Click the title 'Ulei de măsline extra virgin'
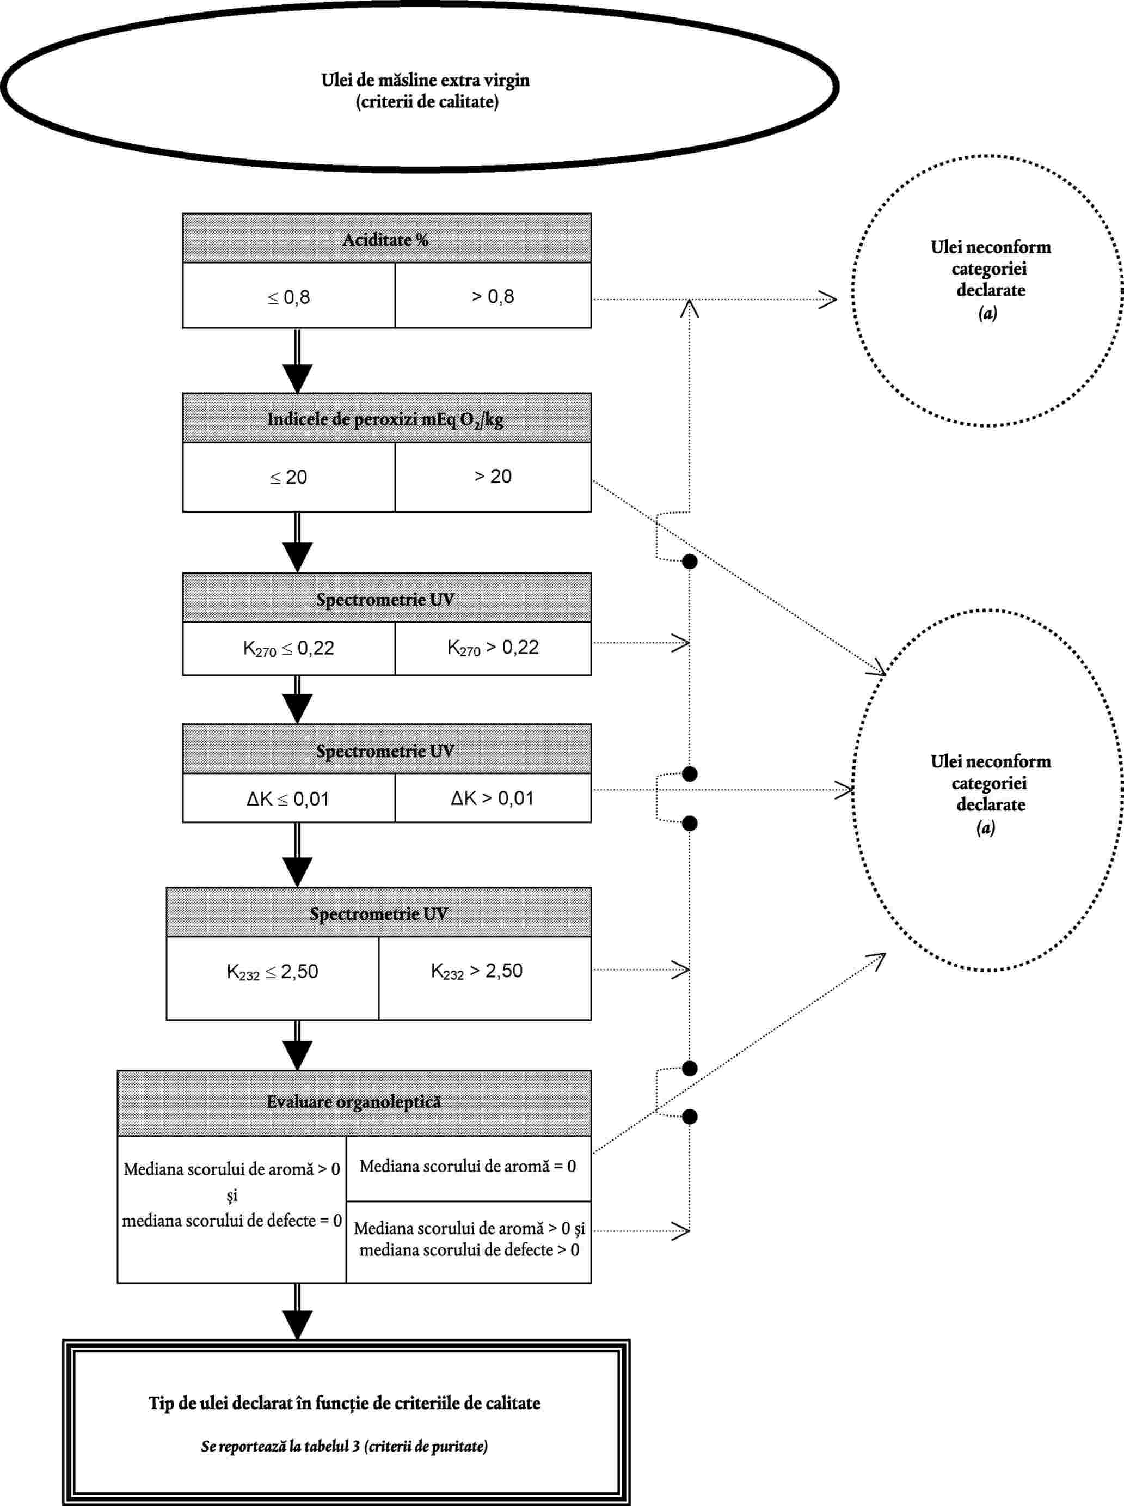[x=425, y=81]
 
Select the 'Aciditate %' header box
[x=386, y=239]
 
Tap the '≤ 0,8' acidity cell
[x=288, y=295]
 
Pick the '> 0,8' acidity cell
[x=493, y=295]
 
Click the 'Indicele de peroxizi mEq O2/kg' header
[x=386, y=418]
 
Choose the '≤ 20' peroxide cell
[x=288, y=477]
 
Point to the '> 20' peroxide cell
[x=493, y=477]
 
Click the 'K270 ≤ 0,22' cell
[x=288, y=648]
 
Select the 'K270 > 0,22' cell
[x=493, y=648]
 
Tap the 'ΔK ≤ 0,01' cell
[x=288, y=798]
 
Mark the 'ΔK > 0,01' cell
[x=493, y=798]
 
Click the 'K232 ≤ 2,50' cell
[x=272, y=978]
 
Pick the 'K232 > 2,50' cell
[x=485, y=978]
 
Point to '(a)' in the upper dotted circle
[x=988, y=313]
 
